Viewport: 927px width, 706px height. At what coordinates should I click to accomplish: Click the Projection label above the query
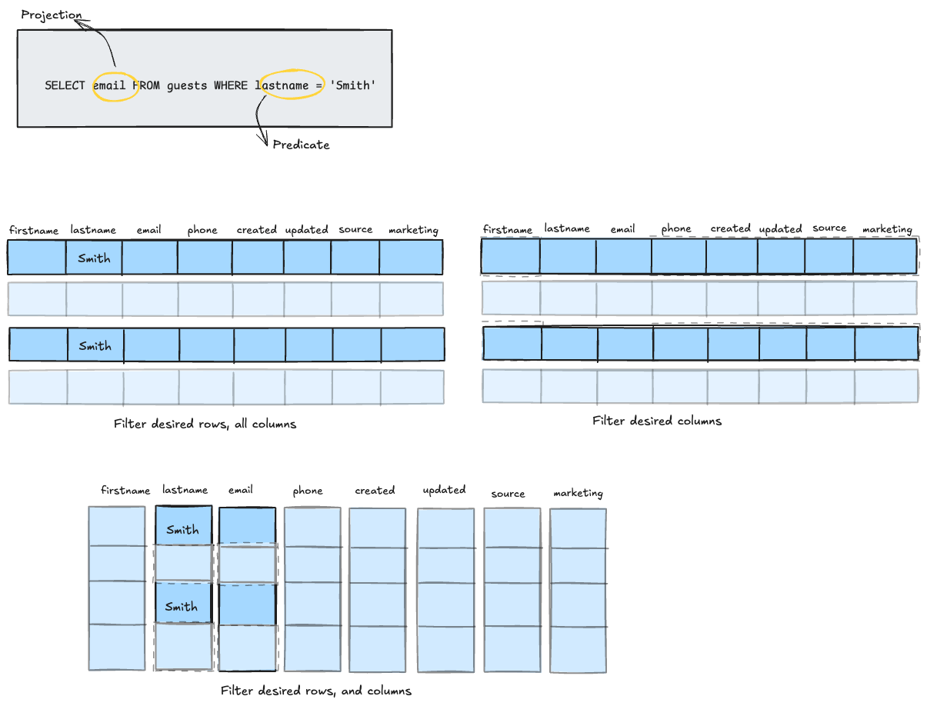pos(51,15)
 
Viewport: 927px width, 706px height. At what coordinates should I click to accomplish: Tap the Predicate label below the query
pos(301,145)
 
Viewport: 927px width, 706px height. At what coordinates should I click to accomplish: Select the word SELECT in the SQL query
pos(65,85)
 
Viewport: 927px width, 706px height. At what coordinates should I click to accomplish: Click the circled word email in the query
pos(109,85)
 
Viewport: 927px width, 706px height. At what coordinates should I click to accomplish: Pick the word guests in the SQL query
pos(187,85)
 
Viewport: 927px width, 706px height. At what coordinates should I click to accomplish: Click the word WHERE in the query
pos(231,85)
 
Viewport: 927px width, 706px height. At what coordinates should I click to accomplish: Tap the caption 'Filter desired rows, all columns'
pos(205,424)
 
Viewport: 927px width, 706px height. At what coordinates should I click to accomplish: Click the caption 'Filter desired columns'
pos(657,421)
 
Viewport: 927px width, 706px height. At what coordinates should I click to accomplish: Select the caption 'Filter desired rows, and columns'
pos(315,691)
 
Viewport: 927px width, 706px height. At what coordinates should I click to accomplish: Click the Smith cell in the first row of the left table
pos(94,258)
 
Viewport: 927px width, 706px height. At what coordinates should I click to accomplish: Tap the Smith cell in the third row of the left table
pos(95,346)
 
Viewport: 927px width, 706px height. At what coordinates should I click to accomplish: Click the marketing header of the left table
pos(413,230)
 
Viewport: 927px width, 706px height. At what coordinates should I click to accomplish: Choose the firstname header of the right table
pos(508,230)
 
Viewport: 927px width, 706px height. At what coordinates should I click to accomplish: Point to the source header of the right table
pos(829,228)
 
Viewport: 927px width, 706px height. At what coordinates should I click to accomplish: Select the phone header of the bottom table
pos(308,491)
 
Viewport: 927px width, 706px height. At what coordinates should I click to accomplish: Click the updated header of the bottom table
pos(444,490)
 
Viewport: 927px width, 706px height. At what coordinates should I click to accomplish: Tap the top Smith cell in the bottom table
pos(182,530)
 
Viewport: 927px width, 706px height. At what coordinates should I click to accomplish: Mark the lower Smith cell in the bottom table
pos(182,607)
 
